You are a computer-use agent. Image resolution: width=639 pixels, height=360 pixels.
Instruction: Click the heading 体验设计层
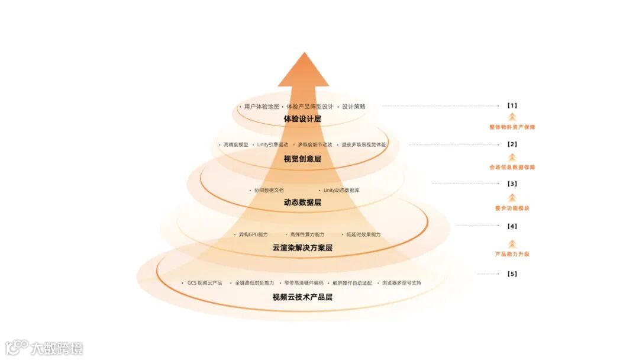pyautogui.click(x=302, y=119)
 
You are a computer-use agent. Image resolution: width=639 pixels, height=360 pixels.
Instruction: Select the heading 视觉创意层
pyautogui.click(x=302, y=159)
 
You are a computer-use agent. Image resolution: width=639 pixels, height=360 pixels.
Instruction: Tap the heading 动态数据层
pyautogui.click(x=302, y=202)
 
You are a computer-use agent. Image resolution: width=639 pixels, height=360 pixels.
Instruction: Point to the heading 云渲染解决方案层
pyautogui.click(x=302, y=248)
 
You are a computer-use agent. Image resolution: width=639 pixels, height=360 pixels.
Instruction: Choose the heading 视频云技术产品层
pyautogui.click(x=302, y=297)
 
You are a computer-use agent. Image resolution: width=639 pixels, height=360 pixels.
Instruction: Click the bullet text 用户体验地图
pyautogui.click(x=261, y=107)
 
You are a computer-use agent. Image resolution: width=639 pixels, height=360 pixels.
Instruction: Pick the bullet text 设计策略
pyautogui.click(x=354, y=107)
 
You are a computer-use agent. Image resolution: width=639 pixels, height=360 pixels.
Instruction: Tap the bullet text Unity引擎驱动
pyautogui.click(x=273, y=144)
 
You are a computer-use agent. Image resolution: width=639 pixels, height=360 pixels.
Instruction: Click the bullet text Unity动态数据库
pyautogui.click(x=341, y=191)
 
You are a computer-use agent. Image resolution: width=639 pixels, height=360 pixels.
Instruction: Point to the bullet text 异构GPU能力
pyautogui.click(x=253, y=234)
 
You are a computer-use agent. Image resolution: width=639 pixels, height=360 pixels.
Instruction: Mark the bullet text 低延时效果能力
pyautogui.click(x=363, y=234)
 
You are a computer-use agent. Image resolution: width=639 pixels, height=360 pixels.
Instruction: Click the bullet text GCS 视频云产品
pyautogui.click(x=205, y=283)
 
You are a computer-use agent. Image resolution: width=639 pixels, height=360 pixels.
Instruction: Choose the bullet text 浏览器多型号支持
pyautogui.click(x=402, y=283)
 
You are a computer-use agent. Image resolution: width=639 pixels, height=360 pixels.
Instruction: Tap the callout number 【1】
pyautogui.click(x=512, y=106)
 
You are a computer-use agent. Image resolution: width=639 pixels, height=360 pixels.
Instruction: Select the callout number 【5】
pyautogui.click(x=512, y=274)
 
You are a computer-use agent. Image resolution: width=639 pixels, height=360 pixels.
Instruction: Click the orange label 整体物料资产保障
pyautogui.click(x=512, y=127)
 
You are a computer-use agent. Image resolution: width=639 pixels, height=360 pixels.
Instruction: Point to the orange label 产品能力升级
pyautogui.click(x=512, y=254)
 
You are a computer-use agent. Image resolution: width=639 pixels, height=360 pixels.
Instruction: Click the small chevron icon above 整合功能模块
pyautogui.click(x=512, y=197)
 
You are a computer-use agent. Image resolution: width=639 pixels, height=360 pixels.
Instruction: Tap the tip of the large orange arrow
pyautogui.click(x=304, y=53)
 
